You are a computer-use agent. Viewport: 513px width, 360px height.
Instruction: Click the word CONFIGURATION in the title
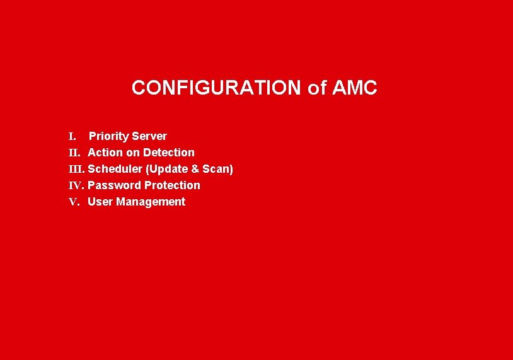click(x=216, y=88)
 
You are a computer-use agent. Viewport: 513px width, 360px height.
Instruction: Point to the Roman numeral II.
click(x=74, y=153)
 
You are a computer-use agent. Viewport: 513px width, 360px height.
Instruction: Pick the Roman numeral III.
click(x=77, y=169)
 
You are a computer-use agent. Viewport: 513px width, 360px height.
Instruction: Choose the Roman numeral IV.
click(x=76, y=185)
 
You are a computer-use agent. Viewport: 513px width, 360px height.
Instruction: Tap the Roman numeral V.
click(x=74, y=202)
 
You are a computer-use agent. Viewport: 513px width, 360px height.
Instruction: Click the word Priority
click(x=109, y=136)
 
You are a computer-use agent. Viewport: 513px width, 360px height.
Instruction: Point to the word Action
click(x=105, y=153)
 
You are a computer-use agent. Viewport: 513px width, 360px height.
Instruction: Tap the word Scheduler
click(x=115, y=169)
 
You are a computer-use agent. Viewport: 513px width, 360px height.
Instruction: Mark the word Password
click(x=114, y=185)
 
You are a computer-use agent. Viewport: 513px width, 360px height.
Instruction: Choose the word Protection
click(x=172, y=185)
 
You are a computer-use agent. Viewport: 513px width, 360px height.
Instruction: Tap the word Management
click(x=151, y=202)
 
